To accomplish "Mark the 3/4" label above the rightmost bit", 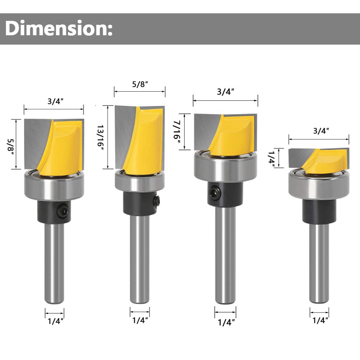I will tap(319, 131).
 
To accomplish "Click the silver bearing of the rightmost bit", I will tap(319, 185).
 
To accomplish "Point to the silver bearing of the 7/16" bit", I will tap(225, 167).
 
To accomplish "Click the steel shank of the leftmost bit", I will tap(54, 263).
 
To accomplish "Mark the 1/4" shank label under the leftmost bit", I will tap(54, 321).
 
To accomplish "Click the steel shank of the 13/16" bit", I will tap(140, 259).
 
